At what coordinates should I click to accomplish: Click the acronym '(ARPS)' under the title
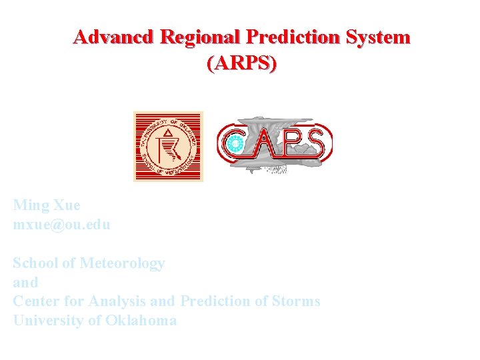(241, 64)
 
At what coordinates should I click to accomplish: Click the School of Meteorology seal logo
(168, 146)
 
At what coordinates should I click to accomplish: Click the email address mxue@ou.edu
(61, 225)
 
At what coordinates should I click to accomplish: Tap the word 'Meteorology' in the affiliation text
(122, 263)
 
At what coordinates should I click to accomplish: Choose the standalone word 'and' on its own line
(25, 282)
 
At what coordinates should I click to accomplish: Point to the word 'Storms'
(296, 301)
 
